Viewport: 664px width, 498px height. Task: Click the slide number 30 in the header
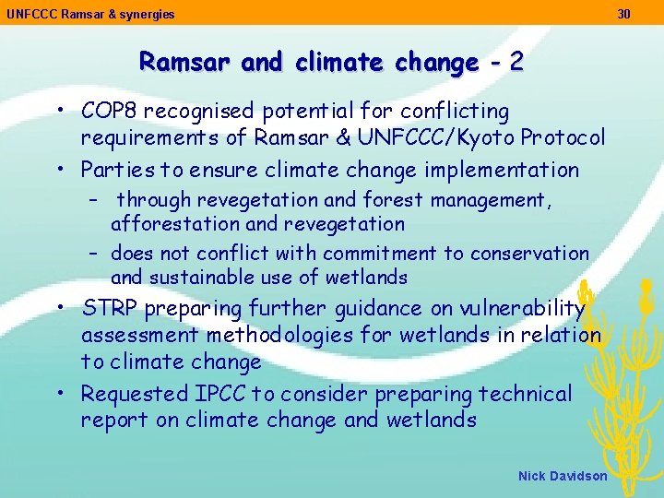point(624,14)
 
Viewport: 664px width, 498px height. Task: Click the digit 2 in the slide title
point(516,62)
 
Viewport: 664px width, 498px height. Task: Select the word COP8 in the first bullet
point(109,112)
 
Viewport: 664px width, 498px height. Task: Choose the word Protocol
point(563,138)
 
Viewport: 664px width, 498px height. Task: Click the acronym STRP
point(108,308)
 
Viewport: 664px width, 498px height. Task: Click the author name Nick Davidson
point(563,476)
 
